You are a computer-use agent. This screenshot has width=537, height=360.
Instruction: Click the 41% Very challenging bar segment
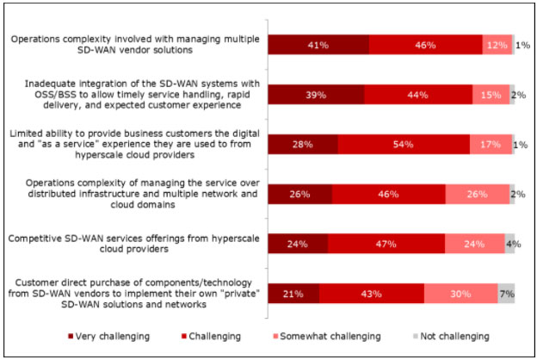pos(318,45)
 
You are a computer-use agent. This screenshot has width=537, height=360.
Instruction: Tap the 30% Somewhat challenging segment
pos(460,294)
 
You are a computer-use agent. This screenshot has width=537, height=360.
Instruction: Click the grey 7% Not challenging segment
pos(506,294)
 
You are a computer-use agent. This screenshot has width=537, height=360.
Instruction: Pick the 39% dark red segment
pos(316,94)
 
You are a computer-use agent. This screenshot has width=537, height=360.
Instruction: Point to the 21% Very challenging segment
pos(293,294)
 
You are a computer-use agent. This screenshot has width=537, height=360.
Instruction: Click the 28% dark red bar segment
pos(302,144)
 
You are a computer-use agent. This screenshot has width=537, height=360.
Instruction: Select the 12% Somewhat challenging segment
pos(497,45)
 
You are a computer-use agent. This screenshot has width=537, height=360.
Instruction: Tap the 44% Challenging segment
pos(418,94)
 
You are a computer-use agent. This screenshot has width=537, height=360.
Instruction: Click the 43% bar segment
pos(372,294)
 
